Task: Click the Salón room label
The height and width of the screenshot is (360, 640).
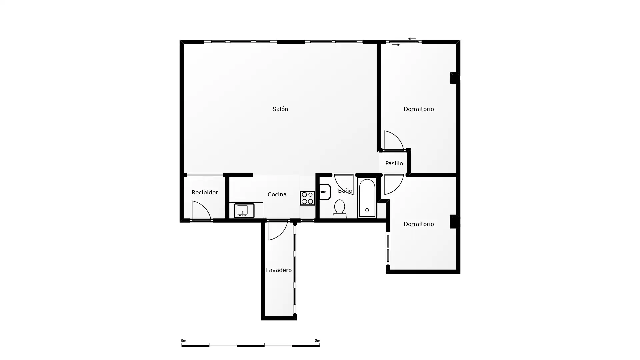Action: [280, 109]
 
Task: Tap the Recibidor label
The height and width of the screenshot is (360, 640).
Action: [205, 192]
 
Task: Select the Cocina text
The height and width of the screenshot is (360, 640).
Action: [277, 194]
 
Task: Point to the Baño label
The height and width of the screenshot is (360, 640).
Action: [345, 191]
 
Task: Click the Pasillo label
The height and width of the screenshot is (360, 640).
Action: [394, 163]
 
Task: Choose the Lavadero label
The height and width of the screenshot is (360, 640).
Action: [279, 270]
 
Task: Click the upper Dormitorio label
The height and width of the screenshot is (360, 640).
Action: [419, 109]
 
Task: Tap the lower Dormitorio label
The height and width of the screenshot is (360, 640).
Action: [419, 224]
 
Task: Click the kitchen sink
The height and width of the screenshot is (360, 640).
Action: [244, 211]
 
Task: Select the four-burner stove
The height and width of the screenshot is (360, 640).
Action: [307, 198]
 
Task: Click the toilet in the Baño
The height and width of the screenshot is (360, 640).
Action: [339, 209]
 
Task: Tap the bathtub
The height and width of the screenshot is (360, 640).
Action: [367, 198]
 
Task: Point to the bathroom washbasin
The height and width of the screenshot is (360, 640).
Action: [325, 192]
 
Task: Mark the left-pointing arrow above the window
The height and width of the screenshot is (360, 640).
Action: [412, 39]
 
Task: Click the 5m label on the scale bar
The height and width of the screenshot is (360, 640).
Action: [317, 341]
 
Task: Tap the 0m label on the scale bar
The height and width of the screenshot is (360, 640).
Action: [184, 341]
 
